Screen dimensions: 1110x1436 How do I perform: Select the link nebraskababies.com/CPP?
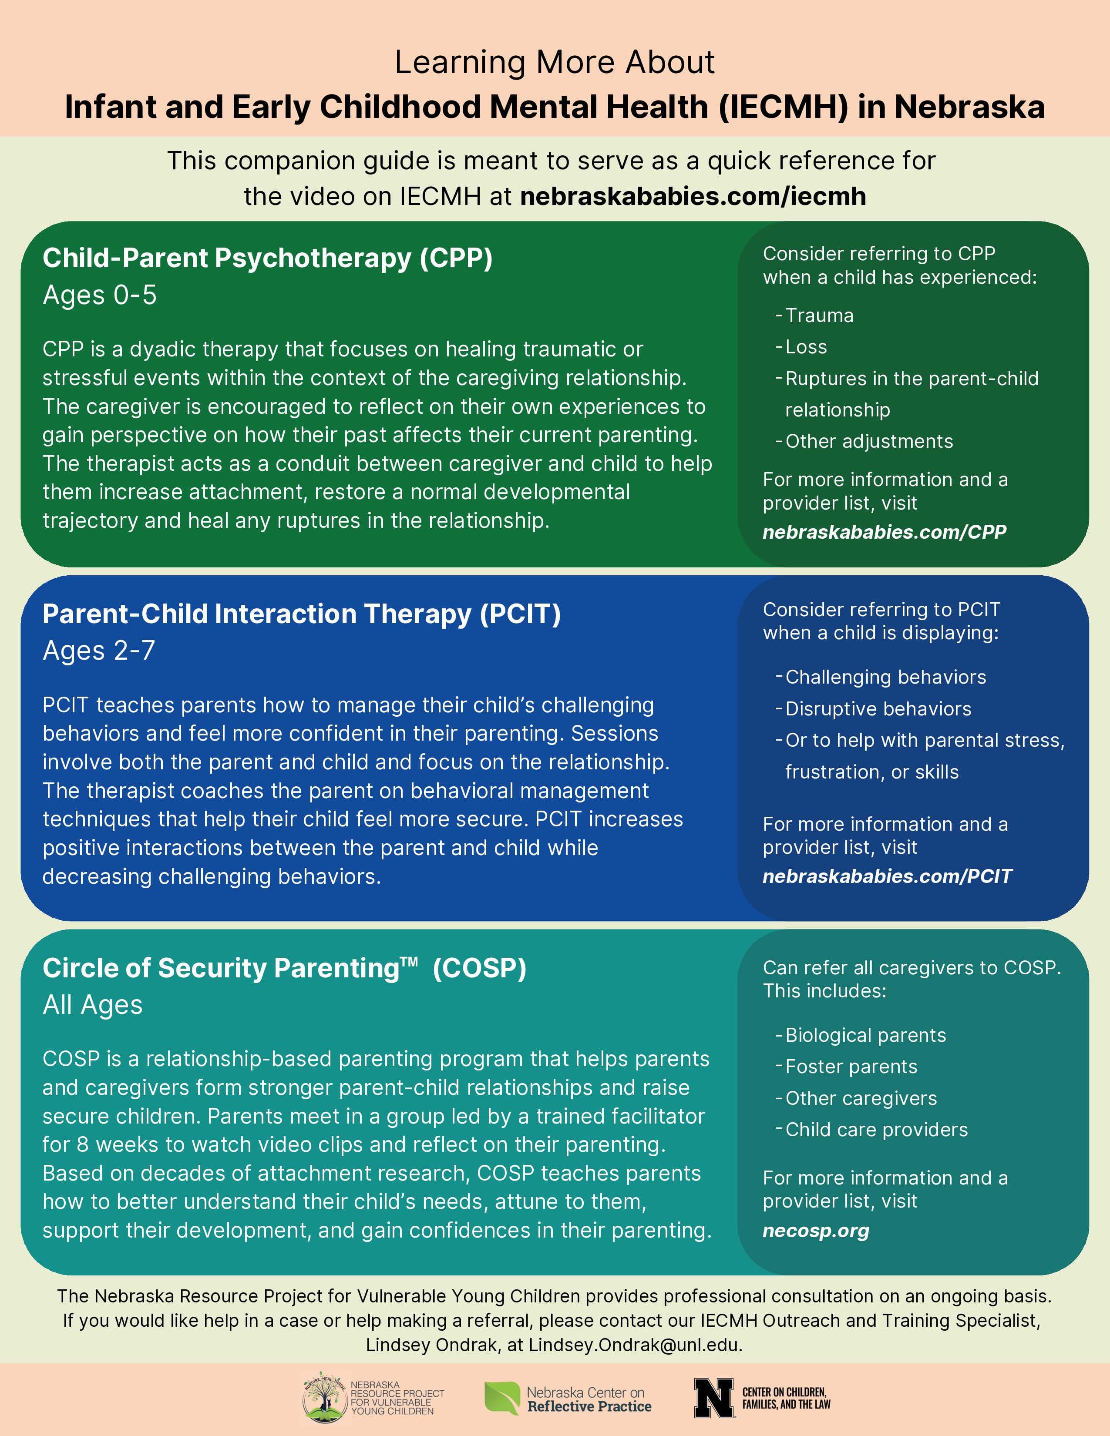(884, 532)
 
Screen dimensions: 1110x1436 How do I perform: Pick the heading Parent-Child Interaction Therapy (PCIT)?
(301, 614)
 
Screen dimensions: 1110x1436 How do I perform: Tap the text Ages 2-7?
(99, 650)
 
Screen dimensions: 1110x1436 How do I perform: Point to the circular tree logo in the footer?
(325, 1397)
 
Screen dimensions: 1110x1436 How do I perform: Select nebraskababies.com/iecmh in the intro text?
(693, 196)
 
